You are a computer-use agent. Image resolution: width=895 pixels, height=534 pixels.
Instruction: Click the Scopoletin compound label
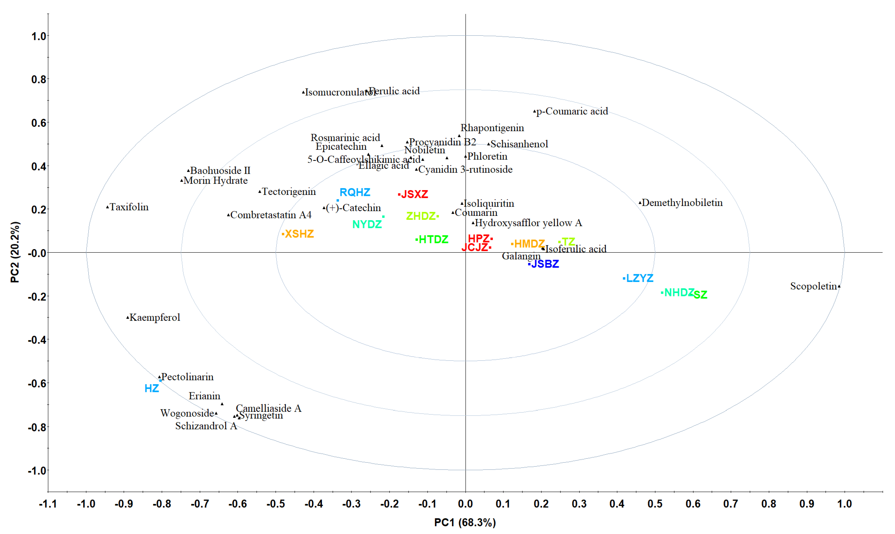[x=813, y=286]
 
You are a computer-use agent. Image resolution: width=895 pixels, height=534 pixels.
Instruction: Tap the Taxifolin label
[x=129, y=207]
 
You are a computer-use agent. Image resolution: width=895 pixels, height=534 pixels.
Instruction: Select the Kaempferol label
[x=155, y=317]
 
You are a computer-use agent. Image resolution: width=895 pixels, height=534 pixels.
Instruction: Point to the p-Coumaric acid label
[x=572, y=111]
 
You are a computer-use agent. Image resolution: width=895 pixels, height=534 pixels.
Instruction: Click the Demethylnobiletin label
[x=682, y=203]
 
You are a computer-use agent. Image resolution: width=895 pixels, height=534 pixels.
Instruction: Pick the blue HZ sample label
[x=152, y=389]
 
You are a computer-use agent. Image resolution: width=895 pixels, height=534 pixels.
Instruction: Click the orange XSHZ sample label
[x=299, y=234]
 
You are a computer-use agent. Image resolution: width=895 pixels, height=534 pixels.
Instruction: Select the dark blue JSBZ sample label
[x=545, y=264]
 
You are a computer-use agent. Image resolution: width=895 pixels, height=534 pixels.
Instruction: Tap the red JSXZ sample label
[x=414, y=194]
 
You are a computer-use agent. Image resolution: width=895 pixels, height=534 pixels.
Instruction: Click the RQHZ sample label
[x=355, y=192]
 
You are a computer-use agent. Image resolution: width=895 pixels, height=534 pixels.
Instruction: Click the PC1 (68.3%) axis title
[x=465, y=522]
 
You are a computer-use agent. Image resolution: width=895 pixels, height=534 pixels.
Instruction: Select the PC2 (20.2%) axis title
[x=15, y=252]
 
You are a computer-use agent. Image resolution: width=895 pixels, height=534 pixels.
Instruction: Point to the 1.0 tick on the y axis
[x=39, y=36]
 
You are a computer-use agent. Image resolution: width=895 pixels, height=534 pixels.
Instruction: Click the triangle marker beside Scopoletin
[x=839, y=286]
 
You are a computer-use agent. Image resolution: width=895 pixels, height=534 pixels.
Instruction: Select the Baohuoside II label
[x=220, y=170]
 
